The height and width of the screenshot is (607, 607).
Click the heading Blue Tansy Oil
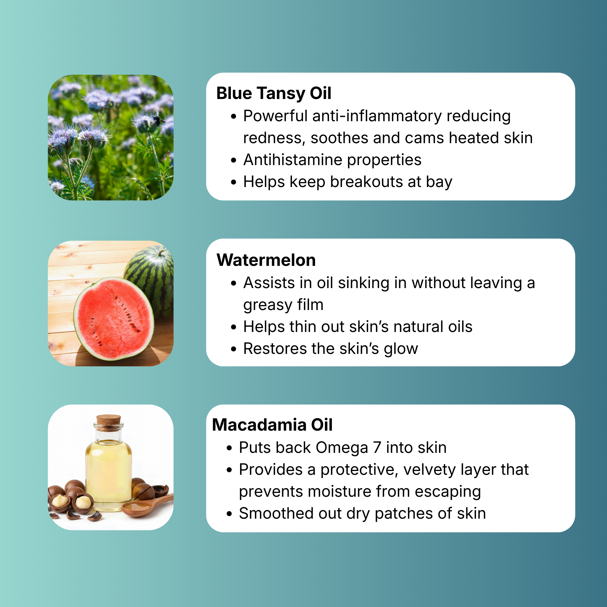[274, 94]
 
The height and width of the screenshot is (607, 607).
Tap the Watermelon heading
[266, 260]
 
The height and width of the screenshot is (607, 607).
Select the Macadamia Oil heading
[272, 425]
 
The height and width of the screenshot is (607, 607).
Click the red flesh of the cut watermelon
[113, 318]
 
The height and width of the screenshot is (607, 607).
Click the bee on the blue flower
[158, 120]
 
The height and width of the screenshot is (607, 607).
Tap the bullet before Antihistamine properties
[233, 161]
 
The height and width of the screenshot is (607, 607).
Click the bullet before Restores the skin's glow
[233, 349]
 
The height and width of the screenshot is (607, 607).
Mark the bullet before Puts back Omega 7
[229, 448]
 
